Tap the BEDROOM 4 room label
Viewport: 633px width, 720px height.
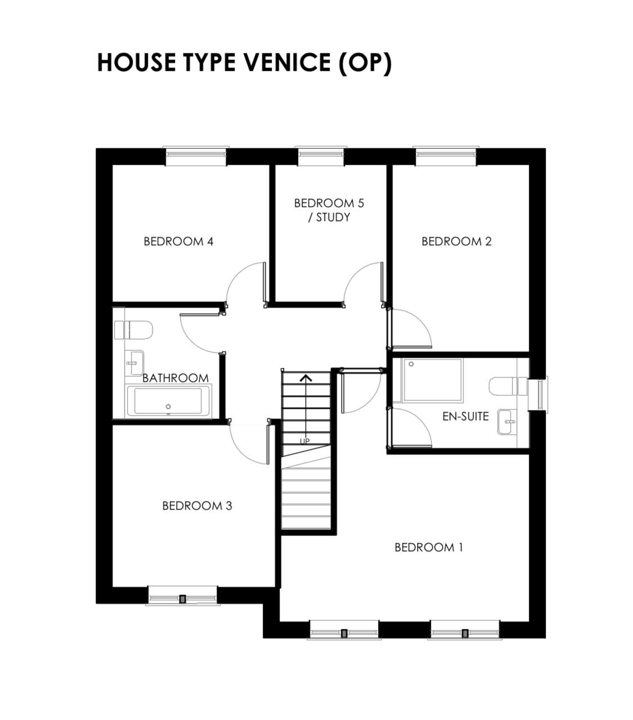pyautogui.click(x=178, y=242)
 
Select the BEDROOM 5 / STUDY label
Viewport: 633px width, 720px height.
pyautogui.click(x=329, y=210)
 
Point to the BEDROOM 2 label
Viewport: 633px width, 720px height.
pyautogui.click(x=456, y=242)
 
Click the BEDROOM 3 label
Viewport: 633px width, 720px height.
pyautogui.click(x=197, y=506)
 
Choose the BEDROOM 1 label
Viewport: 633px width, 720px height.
pyautogui.click(x=429, y=547)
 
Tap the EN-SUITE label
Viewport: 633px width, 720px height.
pyautogui.click(x=465, y=416)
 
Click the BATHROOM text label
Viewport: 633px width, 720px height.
pyautogui.click(x=175, y=378)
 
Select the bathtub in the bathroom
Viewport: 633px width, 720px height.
pyautogui.click(x=168, y=401)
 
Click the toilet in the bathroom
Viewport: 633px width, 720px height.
pyautogui.click(x=134, y=330)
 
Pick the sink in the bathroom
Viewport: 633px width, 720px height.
pyautogui.click(x=134, y=363)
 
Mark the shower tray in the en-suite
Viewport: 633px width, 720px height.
pyautogui.click(x=432, y=380)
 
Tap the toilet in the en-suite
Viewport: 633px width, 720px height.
pyautogui.click(x=508, y=386)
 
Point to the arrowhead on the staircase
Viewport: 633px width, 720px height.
pyautogui.click(x=306, y=378)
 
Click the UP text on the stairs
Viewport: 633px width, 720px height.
pyautogui.click(x=304, y=442)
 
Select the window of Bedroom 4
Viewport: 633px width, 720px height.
pyautogui.click(x=196, y=156)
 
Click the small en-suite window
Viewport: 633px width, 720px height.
pyautogui.click(x=538, y=394)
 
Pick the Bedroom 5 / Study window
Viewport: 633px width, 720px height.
pyautogui.click(x=321, y=156)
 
